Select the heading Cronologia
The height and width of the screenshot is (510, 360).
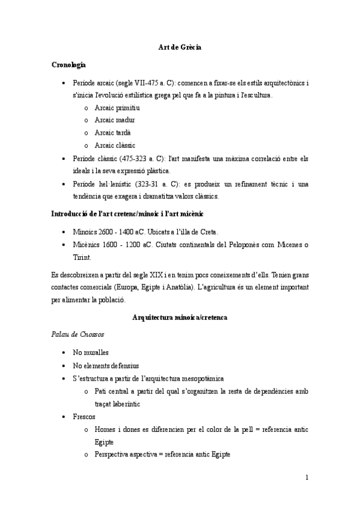pyautogui.click(x=69, y=64)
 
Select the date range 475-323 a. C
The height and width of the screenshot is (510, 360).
pyautogui.click(x=137, y=158)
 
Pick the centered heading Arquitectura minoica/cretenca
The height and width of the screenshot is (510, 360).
pyautogui.click(x=180, y=316)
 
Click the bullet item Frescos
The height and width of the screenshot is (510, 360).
pyautogui.click(x=84, y=416)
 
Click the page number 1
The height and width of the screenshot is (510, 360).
pyautogui.click(x=307, y=478)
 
